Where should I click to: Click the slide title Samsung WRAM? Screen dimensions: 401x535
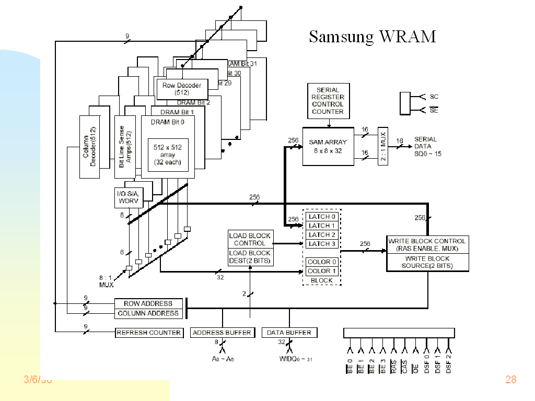point(372,37)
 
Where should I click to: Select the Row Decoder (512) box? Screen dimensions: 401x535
point(182,88)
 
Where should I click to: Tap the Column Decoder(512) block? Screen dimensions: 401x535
point(89,146)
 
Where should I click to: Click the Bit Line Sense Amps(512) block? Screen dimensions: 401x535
point(125,146)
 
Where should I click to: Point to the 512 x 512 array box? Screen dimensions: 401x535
point(167,155)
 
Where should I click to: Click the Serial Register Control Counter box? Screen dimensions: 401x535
point(328,101)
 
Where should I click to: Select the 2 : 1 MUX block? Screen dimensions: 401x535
point(383,146)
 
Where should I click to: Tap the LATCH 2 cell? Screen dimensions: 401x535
point(322,235)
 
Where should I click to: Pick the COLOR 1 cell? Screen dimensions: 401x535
point(322,271)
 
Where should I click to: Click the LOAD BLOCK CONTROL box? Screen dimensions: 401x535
point(250,239)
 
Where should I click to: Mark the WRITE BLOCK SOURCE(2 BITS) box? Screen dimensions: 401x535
point(427,262)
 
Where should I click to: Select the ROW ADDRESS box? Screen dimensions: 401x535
point(148,303)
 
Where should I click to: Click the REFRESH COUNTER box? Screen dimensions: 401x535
point(149,333)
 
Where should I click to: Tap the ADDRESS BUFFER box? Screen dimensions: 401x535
point(222,333)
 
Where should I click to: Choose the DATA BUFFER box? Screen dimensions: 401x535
point(289,333)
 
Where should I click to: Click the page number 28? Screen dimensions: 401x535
point(510,380)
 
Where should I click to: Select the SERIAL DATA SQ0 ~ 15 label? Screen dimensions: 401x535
point(427,147)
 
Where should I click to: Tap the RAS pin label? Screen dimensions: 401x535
point(393,366)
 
